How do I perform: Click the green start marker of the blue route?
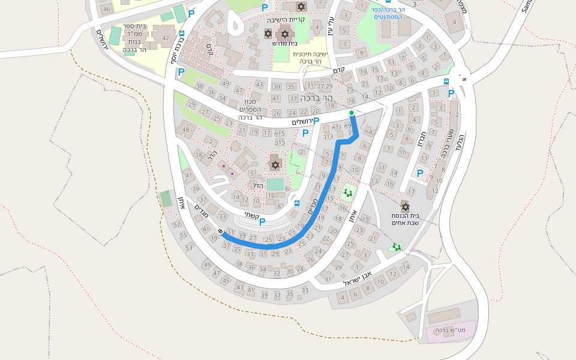click(x=352, y=113)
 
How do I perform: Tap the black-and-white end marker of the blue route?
click(x=221, y=232)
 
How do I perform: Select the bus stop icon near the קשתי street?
click(x=297, y=203)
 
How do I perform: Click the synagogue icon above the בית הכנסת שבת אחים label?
click(x=405, y=206)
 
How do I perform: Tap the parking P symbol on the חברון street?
click(x=420, y=173)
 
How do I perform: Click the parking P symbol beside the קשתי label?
click(x=262, y=222)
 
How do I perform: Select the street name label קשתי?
click(x=250, y=214)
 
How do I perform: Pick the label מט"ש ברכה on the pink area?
click(x=446, y=331)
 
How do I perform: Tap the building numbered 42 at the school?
click(x=166, y=38)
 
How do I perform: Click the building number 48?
click(x=185, y=130)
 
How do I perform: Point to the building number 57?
click(x=176, y=225)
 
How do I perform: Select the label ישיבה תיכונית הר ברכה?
click(x=311, y=58)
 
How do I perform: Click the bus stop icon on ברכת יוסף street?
click(x=182, y=34)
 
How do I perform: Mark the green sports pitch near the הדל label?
click(x=275, y=184)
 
